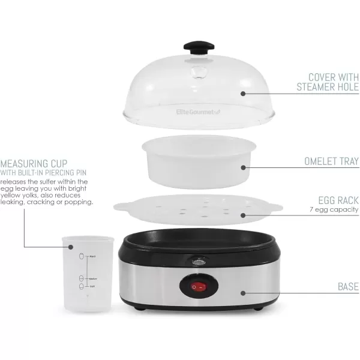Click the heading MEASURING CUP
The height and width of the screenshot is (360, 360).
[x=34, y=163]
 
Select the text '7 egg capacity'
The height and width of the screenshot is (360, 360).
[x=334, y=209]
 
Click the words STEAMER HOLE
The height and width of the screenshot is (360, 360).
[x=328, y=88]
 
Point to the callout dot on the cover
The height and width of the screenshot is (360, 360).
[x=243, y=93]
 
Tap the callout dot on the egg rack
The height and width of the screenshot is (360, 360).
[x=243, y=214]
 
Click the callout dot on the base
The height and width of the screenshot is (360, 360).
[x=243, y=293]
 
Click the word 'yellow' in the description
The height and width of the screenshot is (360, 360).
[x=13, y=195]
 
